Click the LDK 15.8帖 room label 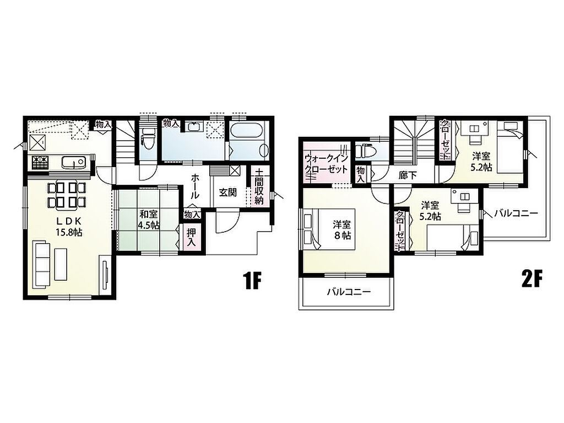(69, 227)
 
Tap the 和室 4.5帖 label (148, 220)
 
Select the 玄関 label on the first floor (228, 192)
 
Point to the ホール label (194, 186)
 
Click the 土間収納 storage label (259, 186)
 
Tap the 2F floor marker (531, 279)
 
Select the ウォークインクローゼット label (326, 164)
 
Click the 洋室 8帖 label (341, 230)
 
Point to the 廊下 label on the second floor (408, 175)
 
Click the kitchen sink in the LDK (73, 162)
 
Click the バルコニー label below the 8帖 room (349, 292)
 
